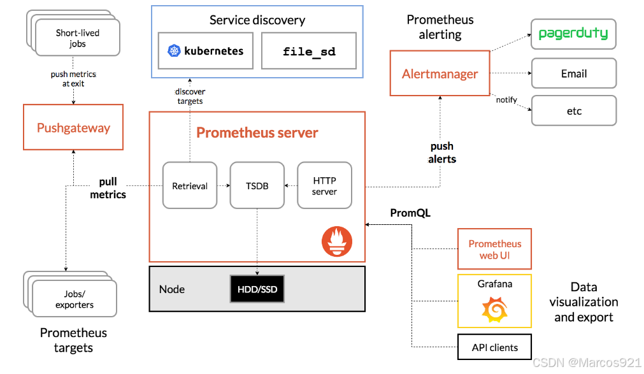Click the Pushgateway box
pos(73,127)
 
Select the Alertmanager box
pos(440,74)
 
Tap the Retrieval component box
pos(190,185)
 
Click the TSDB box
pos(257,185)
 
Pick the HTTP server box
pos(324,185)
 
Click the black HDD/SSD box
pos(257,289)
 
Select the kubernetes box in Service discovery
pos(206,51)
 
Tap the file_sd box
pos(309,51)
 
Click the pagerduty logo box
pos(573,34)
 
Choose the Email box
pos(573,73)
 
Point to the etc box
pos(573,111)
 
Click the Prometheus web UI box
pos(494,249)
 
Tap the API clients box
pos(494,347)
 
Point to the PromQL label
pos(410,213)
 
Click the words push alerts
pos(442,153)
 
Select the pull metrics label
pos(108,189)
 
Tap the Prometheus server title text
pos(257,133)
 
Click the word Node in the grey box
pos(172,289)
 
